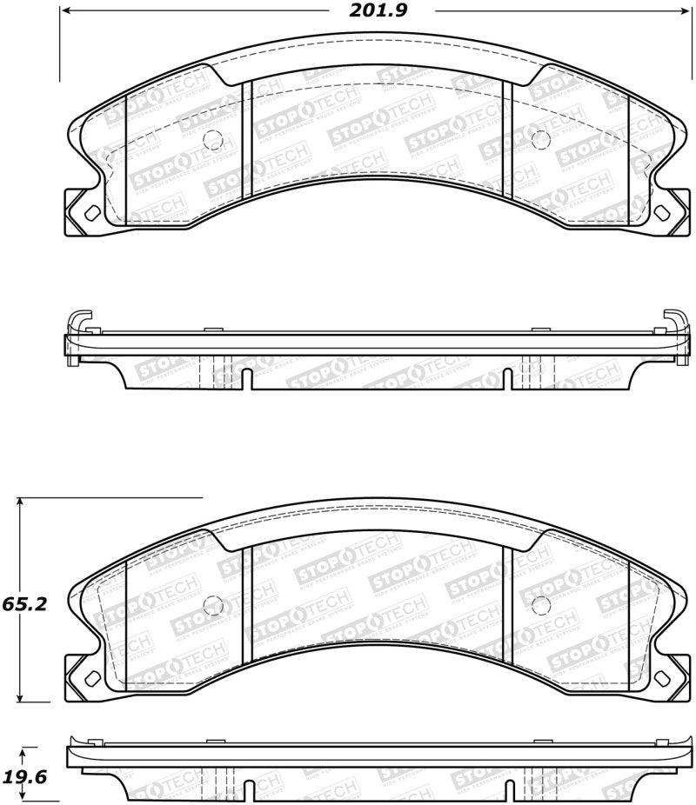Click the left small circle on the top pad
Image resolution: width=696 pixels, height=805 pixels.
(x=211, y=138)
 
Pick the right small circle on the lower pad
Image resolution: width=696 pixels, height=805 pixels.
(x=539, y=605)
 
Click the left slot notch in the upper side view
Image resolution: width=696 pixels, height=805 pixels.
(x=247, y=380)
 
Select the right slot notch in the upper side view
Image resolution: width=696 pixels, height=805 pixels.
(x=507, y=380)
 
